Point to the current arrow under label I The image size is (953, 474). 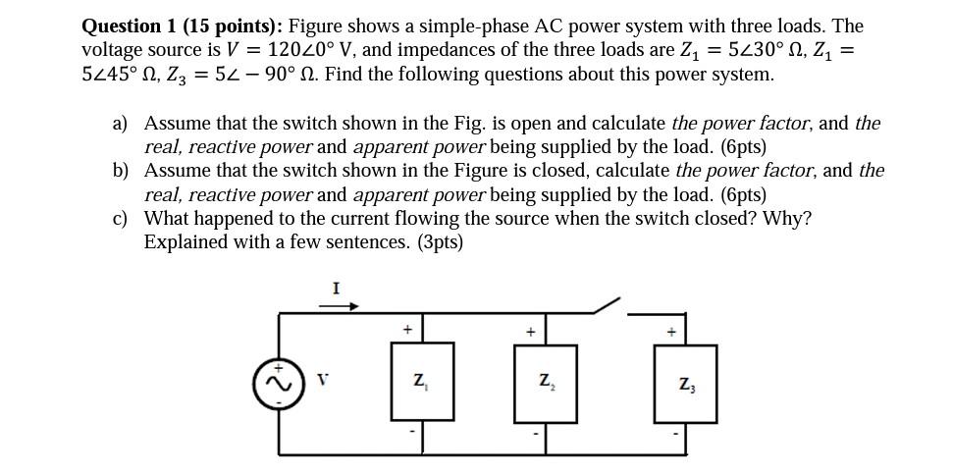click(336, 305)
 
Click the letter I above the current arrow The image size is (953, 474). click(336, 288)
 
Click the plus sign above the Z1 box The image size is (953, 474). click(407, 330)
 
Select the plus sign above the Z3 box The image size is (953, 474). click(672, 333)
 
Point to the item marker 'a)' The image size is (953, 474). click(121, 124)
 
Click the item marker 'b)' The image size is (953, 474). click(121, 171)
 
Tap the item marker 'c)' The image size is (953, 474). click(121, 218)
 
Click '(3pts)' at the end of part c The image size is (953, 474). click(433, 241)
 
